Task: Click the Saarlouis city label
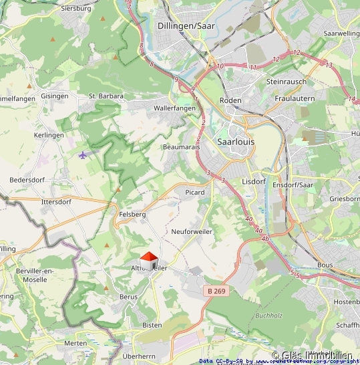[x=236, y=142]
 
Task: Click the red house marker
[x=149, y=259]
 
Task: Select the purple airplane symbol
[x=83, y=155]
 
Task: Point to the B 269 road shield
[x=216, y=291]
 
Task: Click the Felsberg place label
[x=132, y=214]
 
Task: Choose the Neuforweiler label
[x=191, y=231]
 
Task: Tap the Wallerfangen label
[x=174, y=108]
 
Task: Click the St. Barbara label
[x=106, y=96]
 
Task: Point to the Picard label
[x=194, y=193]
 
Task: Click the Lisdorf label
[x=254, y=181]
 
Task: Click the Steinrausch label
[x=285, y=82]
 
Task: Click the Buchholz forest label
[x=268, y=315]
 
